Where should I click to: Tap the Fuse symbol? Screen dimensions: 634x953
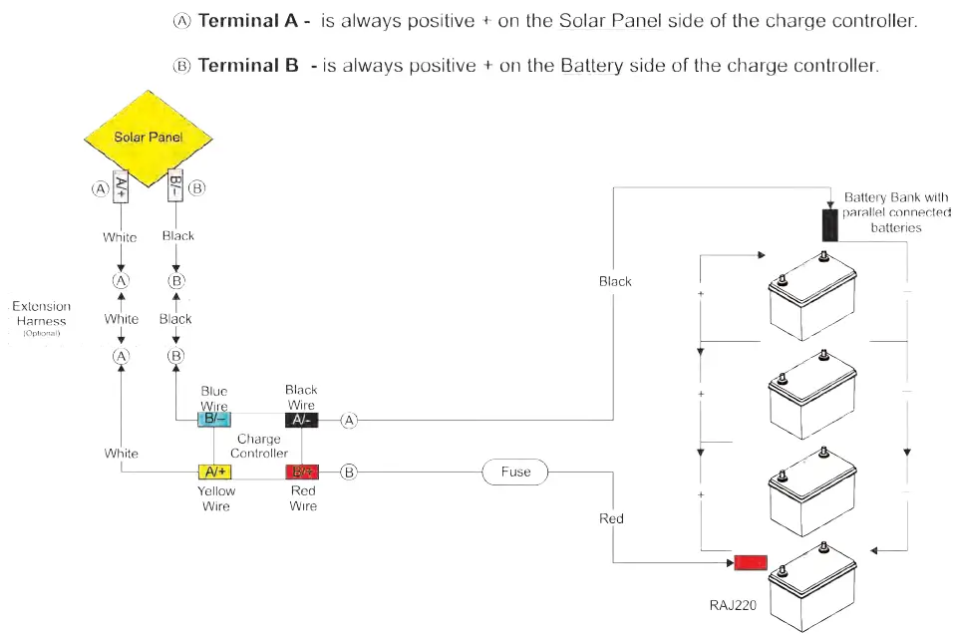click(x=514, y=472)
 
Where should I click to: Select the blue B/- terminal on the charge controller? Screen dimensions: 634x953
click(x=215, y=420)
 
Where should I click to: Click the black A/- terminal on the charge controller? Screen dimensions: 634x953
click(x=301, y=420)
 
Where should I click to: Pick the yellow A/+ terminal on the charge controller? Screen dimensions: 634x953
click(x=215, y=472)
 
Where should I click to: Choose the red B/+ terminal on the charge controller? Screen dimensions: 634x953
click(x=302, y=472)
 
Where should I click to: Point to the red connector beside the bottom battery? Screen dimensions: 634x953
click(x=750, y=563)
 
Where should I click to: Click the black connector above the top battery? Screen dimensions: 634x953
click(x=829, y=225)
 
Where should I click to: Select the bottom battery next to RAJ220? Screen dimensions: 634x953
click(x=813, y=588)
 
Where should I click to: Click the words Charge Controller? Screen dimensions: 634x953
click(x=259, y=446)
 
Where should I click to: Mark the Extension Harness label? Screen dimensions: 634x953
click(x=42, y=314)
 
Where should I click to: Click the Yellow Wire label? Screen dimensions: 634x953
click(x=216, y=498)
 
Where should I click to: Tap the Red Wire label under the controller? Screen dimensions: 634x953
click(x=303, y=498)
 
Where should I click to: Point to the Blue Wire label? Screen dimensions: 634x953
click(x=214, y=399)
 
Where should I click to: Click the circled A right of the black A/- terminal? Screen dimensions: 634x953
click(x=349, y=421)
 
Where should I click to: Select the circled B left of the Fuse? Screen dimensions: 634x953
click(x=349, y=472)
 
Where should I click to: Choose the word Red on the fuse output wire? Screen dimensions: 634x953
click(x=611, y=518)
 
